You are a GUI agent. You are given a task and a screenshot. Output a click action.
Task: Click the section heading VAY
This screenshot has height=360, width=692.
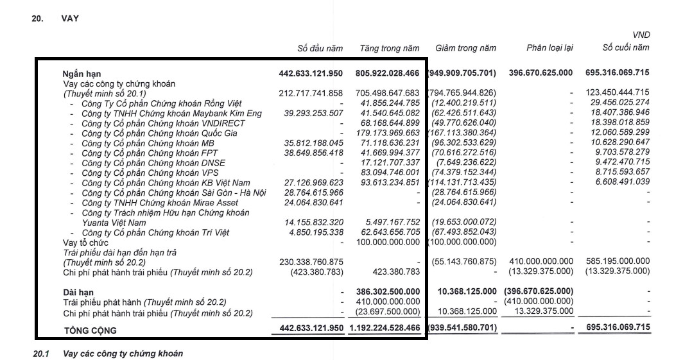[70, 19]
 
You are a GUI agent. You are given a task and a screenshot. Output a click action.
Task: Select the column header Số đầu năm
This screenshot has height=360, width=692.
[320, 48]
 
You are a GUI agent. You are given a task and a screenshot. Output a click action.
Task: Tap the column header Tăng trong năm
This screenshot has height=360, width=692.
[389, 48]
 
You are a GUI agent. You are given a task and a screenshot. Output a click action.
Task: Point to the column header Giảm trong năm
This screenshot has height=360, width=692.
[465, 48]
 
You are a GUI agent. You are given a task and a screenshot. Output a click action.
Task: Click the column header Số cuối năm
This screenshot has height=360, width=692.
[625, 47]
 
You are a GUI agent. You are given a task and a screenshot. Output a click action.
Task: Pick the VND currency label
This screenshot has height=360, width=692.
[641, 35]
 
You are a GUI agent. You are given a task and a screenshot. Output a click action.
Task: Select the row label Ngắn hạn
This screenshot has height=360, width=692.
[82, 74]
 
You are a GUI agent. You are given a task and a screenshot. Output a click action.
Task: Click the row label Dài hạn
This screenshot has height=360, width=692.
[78, 293]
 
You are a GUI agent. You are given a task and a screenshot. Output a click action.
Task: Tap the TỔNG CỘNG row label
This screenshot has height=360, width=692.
[90, 330]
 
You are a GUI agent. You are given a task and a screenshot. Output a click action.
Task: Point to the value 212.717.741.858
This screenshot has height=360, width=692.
[311, 93]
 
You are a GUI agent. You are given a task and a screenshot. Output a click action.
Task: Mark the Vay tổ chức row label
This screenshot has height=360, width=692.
[85, 243]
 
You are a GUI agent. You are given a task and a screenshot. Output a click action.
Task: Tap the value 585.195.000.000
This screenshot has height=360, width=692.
[618, 262]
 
